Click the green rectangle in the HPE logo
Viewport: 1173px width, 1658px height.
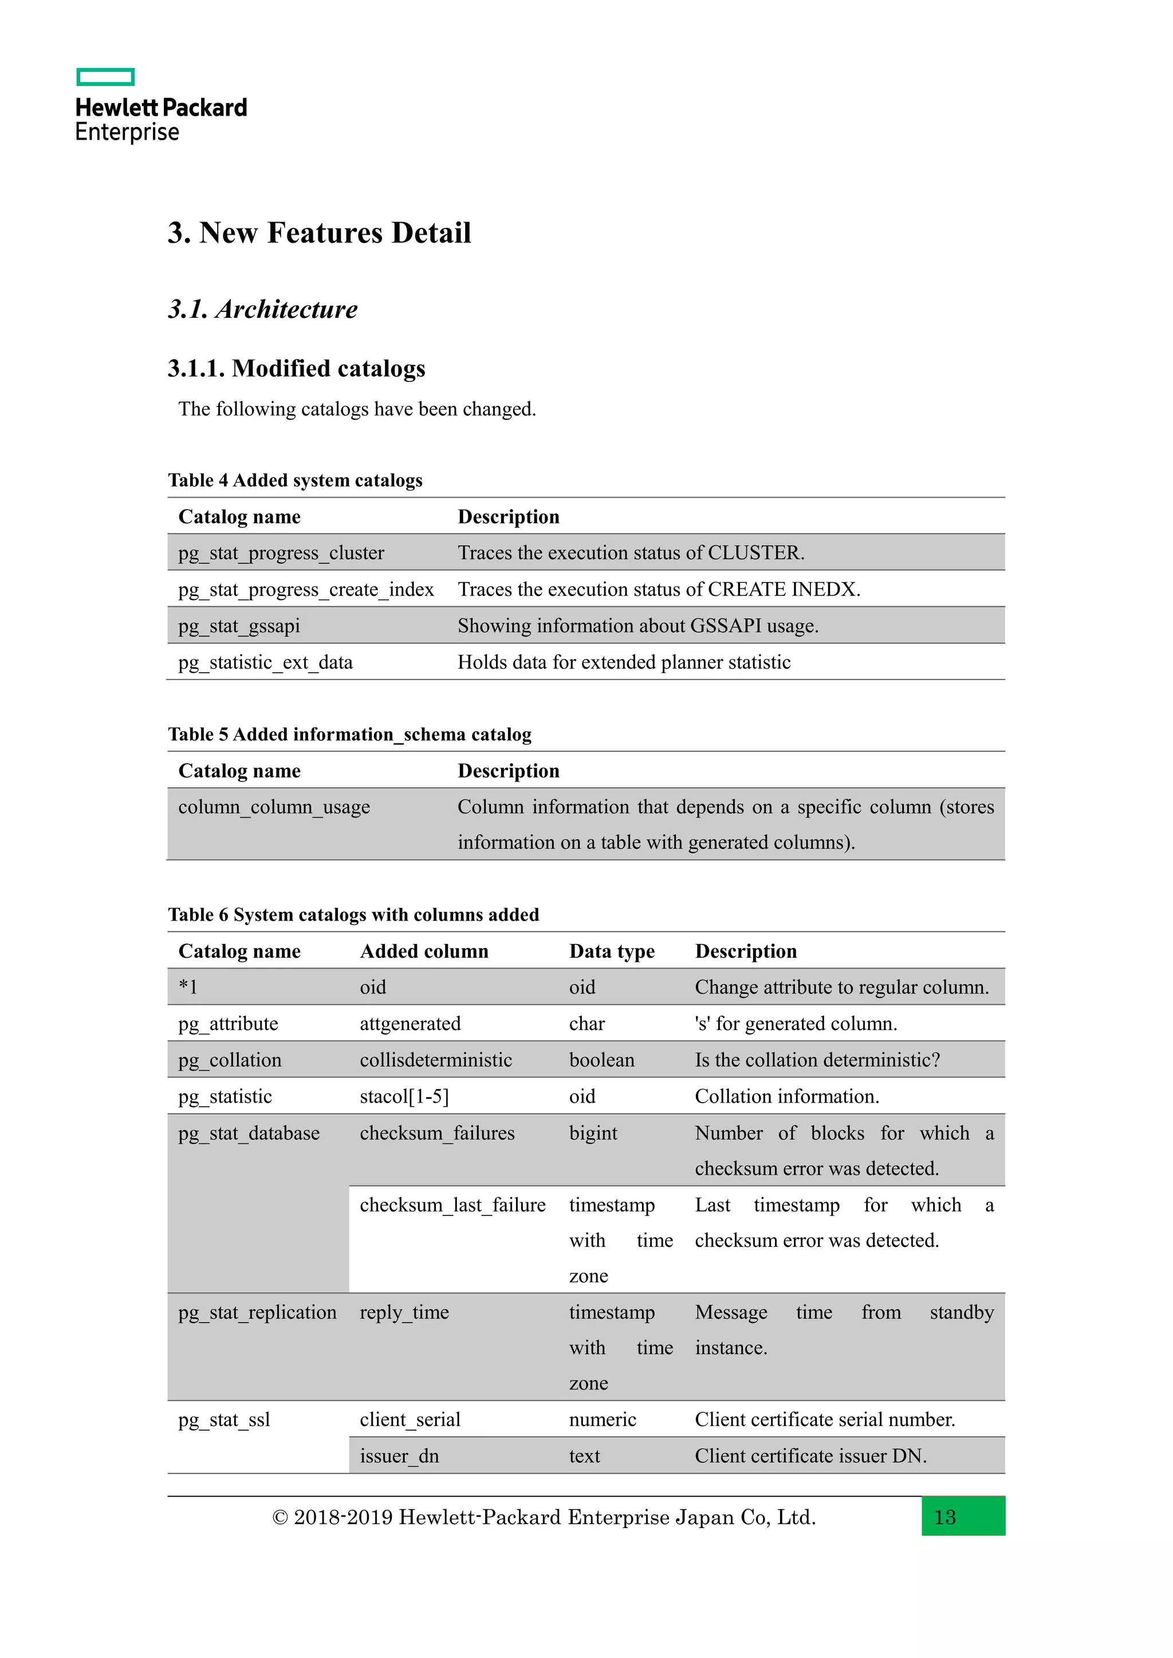[105, 77]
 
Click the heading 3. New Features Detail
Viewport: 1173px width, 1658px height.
[319, 233]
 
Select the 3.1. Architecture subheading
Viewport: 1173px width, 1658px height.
[263, 310]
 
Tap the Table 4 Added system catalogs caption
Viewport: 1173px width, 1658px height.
[295, 481]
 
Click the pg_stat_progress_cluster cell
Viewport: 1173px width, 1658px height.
[281, 553]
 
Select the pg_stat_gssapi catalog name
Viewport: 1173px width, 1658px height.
[239, 626]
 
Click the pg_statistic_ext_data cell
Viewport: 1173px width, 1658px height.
[265, 663]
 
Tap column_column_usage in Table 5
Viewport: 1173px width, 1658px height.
[274, 807]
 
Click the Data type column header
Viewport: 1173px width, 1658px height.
[611, 952]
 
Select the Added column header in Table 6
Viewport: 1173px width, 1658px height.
[424, 952]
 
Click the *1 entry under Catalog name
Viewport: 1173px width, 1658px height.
[188, 988]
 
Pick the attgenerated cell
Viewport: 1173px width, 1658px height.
[410, 1024]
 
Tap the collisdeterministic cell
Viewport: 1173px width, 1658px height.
[435, 1061]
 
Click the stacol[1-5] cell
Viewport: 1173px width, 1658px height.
[404, 1097]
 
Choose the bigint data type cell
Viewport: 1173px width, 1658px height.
[592, 1134]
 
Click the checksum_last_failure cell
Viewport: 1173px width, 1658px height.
[452, 1205]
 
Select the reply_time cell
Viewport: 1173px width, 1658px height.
[404, 1313]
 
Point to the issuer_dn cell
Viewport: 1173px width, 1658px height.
[399, 1456]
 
